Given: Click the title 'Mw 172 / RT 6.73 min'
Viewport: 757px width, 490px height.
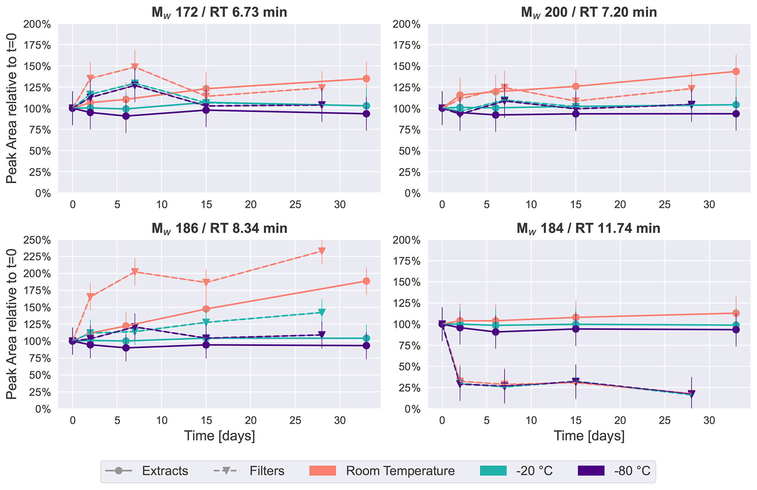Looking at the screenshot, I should (219, 12).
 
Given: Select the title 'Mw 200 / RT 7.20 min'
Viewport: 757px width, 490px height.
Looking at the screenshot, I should (589, 12).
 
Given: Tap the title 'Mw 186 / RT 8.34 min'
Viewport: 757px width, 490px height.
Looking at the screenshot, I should (219, 228).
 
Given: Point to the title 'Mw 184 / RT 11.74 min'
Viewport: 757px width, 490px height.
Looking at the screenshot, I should (589, 228).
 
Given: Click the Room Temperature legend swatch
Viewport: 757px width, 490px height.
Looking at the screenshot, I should (322, 471).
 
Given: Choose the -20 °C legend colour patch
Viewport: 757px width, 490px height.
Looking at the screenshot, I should (493, 471).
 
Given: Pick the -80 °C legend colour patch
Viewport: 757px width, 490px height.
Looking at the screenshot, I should (591, 471).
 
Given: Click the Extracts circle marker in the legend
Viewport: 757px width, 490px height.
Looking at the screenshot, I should (118, 471).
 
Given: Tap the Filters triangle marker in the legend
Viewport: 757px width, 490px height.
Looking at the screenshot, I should (226, 471).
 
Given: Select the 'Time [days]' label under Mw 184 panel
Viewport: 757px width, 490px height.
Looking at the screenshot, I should (589, 436).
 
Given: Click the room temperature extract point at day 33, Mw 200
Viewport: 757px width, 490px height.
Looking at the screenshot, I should (736, 71).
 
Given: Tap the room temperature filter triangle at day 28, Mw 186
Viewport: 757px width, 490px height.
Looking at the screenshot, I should (322, 251).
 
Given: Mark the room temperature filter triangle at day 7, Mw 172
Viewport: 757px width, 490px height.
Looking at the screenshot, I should (135, 67).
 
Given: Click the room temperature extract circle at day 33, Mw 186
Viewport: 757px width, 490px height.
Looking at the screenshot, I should (366, 281).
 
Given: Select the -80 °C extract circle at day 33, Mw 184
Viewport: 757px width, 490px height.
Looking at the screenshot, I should (736, 329).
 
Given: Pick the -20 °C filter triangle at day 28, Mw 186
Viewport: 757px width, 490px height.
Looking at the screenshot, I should (322, 313).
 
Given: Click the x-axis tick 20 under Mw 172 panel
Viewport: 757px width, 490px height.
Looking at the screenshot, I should (251, 205).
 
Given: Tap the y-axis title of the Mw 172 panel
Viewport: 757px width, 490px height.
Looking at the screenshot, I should (12, 108).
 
